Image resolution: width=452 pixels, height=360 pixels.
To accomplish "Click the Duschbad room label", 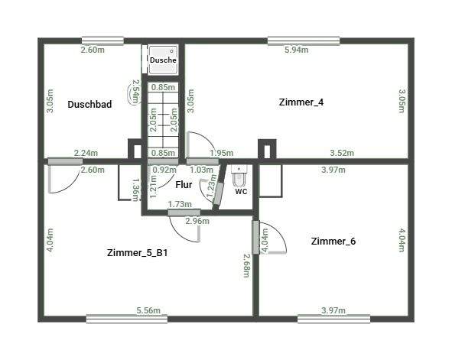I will point(89,105).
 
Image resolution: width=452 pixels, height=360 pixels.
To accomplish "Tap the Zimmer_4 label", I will point(301,102).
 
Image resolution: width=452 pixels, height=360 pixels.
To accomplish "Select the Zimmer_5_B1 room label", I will point(138,252).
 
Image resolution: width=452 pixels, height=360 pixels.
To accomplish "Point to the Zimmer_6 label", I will point(333,241).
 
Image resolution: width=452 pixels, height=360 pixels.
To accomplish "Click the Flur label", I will point(184,184).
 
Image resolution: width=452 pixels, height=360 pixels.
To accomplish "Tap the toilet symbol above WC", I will point(239,177).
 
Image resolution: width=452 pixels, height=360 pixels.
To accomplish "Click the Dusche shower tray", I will point(163,59).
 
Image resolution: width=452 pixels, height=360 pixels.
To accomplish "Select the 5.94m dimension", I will point(296,50).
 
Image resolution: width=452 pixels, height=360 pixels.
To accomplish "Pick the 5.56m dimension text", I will point(148,310).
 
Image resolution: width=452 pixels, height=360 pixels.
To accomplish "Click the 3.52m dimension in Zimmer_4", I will point(342,153).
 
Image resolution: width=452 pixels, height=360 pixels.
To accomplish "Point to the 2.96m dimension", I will point(197,222).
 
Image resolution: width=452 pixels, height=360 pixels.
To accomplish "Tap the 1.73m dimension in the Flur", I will point(179,204).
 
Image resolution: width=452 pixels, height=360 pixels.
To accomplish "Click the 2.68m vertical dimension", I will point(246,266).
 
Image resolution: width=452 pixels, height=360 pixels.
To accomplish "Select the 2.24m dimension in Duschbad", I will point(86,153).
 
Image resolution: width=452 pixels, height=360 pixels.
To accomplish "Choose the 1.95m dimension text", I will point(221,153).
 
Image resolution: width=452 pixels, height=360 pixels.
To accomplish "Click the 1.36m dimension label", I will point(135,189).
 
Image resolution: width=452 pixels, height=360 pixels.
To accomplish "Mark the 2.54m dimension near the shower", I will point(135,92).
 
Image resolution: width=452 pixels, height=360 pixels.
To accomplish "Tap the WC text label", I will point(241,191).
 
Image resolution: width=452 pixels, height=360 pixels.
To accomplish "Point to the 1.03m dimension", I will point(200,170).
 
